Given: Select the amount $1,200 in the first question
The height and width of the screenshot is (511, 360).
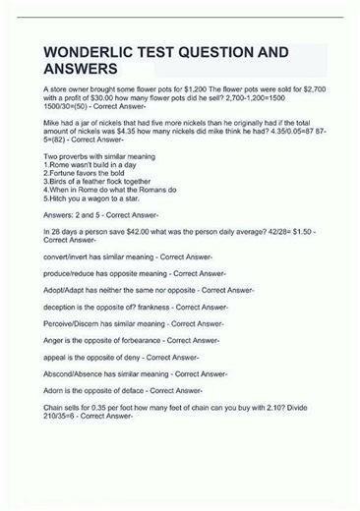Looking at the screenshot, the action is tap(202, 88).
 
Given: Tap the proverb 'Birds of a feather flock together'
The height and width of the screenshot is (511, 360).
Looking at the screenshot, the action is tap(98, 181).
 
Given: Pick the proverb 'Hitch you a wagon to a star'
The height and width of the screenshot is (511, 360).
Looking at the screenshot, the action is tap(90, 197).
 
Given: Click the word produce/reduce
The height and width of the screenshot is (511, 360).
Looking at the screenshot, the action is tap(70, 273).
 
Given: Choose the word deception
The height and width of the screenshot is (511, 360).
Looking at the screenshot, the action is tap(61, 307).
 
